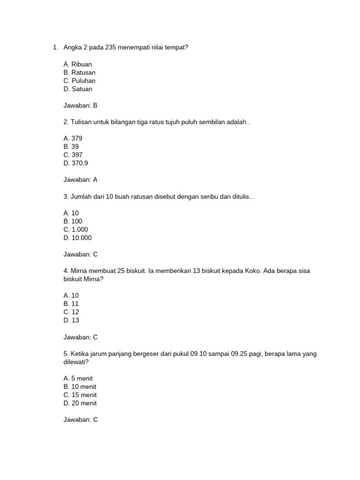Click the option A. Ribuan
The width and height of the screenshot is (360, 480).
pos(77,64)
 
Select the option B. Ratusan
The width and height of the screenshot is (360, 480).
pos(79,73)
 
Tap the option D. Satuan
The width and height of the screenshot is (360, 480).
pos(78,89)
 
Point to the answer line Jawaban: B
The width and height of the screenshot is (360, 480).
pos(80,105)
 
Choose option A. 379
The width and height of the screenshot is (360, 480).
pos(73,138)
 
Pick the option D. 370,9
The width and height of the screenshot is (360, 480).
pos(75,163)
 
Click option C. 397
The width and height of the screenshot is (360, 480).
pos(73,155)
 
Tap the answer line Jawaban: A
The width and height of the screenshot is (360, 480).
pos(80,180)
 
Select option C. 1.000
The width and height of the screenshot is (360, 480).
pos(75,230)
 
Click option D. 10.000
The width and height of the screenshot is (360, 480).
pos(77,238)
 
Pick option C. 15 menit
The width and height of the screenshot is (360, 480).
pos(80,395)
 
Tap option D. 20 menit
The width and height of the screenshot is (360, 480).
pos(80,403)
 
